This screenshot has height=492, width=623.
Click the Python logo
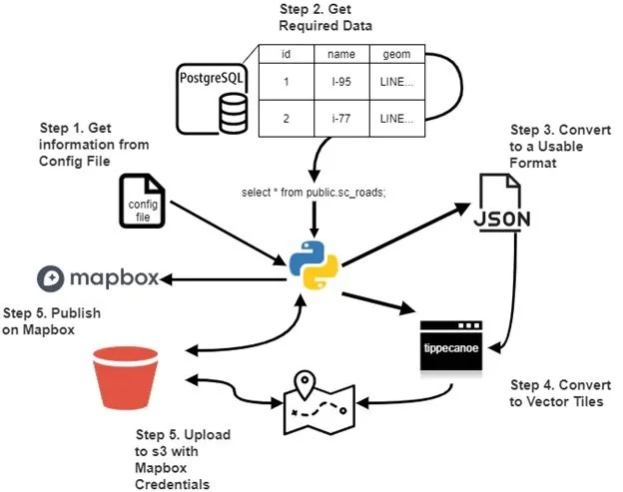point(313,264)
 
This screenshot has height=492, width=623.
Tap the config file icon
point(142,201)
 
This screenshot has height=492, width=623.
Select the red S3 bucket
point(126,377)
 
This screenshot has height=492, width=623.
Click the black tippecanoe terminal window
point(451,346)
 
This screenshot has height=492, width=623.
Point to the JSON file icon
point(502,203)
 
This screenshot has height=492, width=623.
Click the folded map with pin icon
point(319,402)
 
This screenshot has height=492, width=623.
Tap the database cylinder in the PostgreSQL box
point(234,113)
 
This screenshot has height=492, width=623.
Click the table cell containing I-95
point(341,82)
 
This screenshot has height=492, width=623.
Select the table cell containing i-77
point(341,119)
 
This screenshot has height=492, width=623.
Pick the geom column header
point(397,54)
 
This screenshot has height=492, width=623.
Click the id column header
point(287,54)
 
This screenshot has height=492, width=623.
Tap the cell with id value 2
point(287,119)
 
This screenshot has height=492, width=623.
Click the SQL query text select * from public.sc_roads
point(313,193)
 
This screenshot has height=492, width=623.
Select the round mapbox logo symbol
point(51,278)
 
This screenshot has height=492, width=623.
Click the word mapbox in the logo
point(115,278)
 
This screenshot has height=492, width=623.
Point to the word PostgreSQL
point(211,78)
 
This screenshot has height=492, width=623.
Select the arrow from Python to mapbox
point(223,279)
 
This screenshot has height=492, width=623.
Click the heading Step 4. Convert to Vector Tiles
point(560,393)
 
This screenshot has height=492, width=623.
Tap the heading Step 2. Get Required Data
point(325,17)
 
